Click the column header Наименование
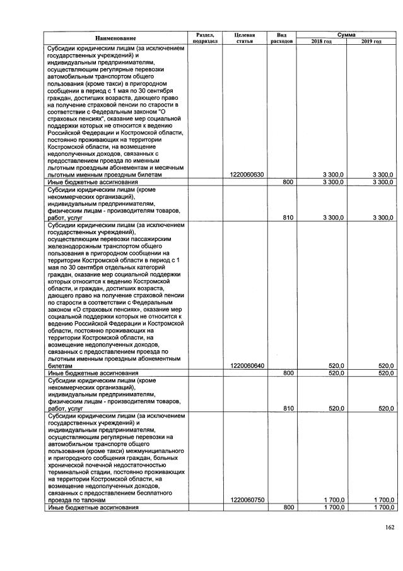click(115, 38)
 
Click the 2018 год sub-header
click(321, 42)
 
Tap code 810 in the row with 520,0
click(288, 408)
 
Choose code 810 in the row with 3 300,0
click(288, 217)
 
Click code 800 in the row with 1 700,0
click(288, 507)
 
